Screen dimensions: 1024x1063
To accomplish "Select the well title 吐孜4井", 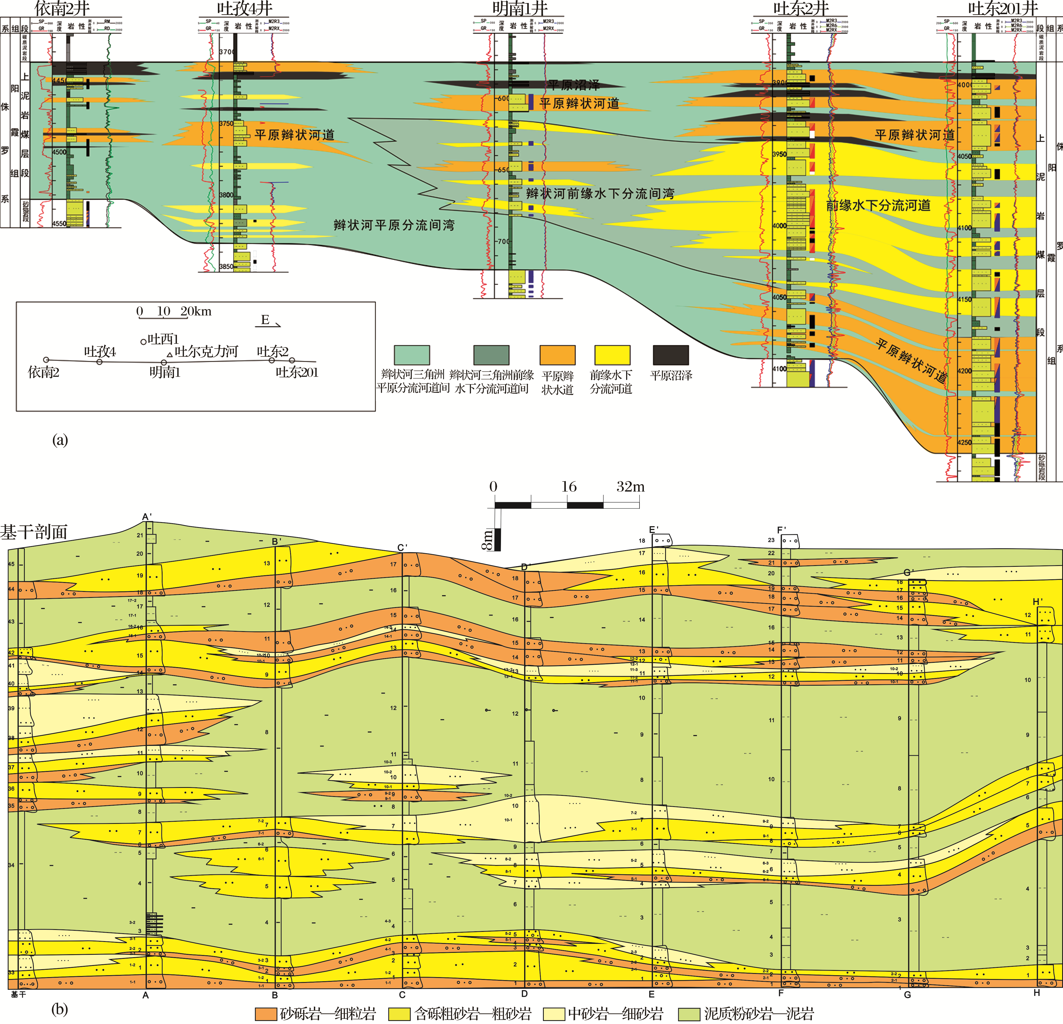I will (x=245, y=9).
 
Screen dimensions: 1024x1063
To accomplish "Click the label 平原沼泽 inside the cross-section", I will (x=574, y=85).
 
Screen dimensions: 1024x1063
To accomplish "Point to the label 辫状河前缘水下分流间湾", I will (x=600, y=194).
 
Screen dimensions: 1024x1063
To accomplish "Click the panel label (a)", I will (x=60, y=440).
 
